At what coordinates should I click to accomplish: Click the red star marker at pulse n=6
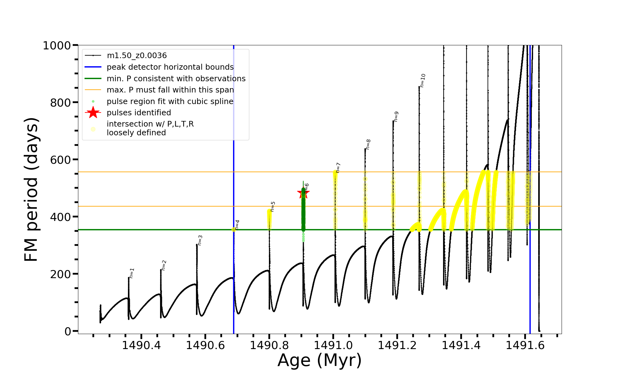pos(303,193)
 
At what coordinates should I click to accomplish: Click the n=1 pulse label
pos(132,273)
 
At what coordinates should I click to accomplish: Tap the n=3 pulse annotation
pos(200,240)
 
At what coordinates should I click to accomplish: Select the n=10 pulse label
pos(422,80)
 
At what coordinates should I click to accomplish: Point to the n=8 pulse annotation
pos(368,144)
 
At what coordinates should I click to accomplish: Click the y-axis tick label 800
pos(60,102)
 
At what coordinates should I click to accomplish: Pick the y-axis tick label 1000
pos(56,46)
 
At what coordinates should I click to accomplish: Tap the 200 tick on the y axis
pos(60,274)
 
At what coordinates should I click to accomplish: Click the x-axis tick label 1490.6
pos(205,345)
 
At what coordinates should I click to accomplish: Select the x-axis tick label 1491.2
pos(397,345)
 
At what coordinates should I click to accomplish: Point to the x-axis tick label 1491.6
pos(525,345)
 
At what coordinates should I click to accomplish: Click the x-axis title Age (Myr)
pos(319,360)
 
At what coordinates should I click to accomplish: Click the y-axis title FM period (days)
pos(32,189)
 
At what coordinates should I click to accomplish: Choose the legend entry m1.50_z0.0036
pos(137,56)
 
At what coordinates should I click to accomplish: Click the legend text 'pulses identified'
pos(139,112)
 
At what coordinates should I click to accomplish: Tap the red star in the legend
pos(93,112)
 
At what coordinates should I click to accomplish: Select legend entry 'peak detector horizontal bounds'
pos(170,67)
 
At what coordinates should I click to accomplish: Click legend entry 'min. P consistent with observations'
pos(176,78)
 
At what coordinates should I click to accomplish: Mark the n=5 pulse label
pos(273,207)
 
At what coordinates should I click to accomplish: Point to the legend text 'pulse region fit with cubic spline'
pos(170,101)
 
